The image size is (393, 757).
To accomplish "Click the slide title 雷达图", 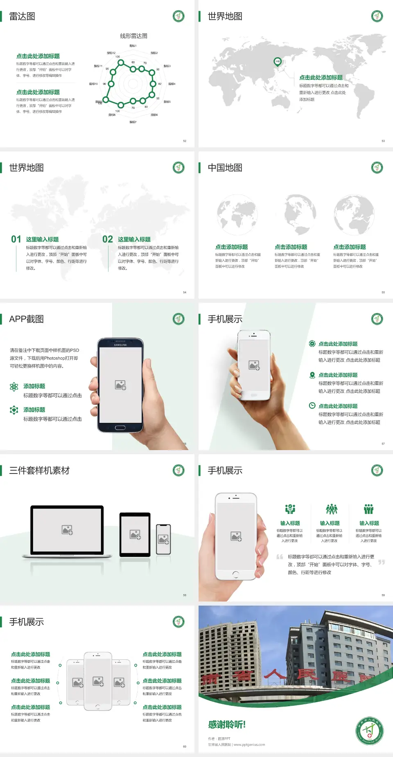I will point(22,16).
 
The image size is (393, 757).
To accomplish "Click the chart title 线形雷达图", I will point(133,36).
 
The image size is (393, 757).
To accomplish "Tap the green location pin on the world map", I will point(277,62).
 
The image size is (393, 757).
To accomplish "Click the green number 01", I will point(16,239).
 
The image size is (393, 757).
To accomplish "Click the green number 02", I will point(108,239).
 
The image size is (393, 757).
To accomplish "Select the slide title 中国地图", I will point(225,168).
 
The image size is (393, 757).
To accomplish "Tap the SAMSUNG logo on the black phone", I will point(120,345).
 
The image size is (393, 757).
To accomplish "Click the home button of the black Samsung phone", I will point(120,428).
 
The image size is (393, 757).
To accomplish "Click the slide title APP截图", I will point(26,319).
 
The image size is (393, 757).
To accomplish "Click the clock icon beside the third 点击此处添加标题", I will point(312,406).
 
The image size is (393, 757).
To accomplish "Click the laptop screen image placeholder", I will point(67,530).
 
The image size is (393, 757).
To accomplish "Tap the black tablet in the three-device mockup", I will point(135,534).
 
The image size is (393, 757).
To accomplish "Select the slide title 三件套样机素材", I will point(39,471).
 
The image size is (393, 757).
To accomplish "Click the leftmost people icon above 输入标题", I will point(290,509).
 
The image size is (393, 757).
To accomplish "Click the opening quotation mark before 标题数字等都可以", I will point(280,556).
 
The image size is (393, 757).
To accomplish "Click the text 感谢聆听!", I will point(227,725).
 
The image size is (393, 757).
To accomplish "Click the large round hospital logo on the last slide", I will point(369,730).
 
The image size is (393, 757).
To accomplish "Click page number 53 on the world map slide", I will point(383,141).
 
